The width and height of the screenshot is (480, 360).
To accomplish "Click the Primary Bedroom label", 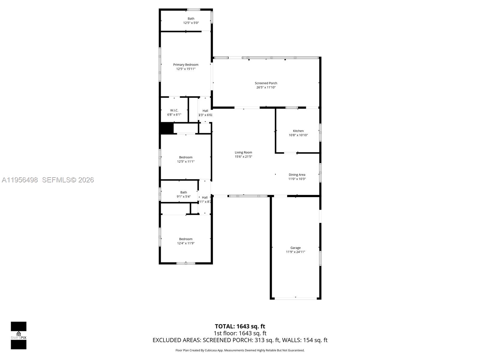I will pyautogui.click(x=186, y=65).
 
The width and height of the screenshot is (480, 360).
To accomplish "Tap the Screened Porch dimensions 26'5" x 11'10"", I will pyautogui.click(x=266, y=88).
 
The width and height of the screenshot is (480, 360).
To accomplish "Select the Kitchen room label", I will pyautogui.click(x=298, y=131).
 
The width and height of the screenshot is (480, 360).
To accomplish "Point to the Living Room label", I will pyautogui.click(x=243, y=152).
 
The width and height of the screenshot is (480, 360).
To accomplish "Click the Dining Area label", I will pyautogui.click(x=297, y=175).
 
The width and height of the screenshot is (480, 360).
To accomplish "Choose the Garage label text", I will pyautogui.click(x=295, y=248).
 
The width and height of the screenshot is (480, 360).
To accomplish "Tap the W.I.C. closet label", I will pyautogui.click(x=174, y=110).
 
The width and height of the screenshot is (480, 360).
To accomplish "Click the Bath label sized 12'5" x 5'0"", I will pyautogui.click(x=191, y=19).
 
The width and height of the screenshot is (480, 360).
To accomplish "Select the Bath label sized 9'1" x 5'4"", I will pyautogui.click(x=184, y=192).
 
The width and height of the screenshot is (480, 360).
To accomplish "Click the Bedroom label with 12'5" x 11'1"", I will pyautogui.click(x=186, y=157).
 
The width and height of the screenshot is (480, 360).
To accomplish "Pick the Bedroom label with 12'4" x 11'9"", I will pyautogui.click(x=186, y=239).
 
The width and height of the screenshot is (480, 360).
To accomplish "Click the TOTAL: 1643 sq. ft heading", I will pyautogui.click(x=240, y=326).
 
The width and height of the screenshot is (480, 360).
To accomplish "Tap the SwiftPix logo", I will pyautogui.click(x=19, y=335).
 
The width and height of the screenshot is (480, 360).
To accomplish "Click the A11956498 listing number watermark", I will pyautogui.click(x=20, y=180).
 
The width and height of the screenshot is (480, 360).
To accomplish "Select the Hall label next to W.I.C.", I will pyautogui.click(x=205, y=111).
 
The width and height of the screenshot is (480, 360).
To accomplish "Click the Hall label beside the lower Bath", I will pyautogui.click(x=205, y=197).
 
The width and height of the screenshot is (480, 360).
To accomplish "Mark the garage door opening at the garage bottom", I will pyautogui.click(x=296, y=298).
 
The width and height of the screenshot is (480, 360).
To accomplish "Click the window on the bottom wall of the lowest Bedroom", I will pyautogui.click(x=186, y=263).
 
